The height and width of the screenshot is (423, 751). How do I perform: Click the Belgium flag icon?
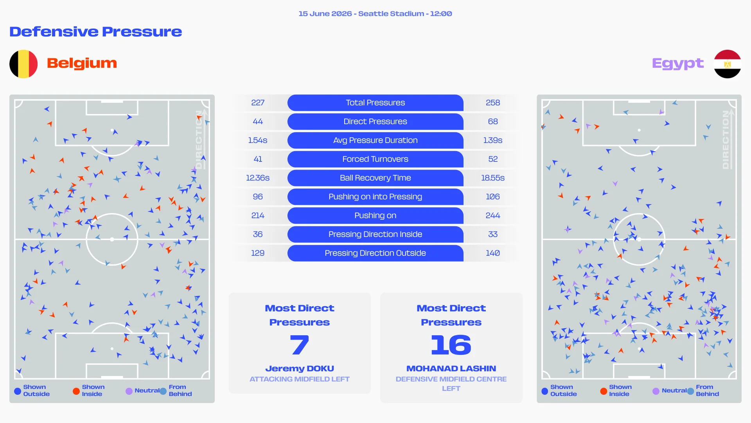tap(23, 64)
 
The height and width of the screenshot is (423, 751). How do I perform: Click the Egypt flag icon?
tap(727, 64)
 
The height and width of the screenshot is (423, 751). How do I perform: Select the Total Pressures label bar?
tap(375, 103)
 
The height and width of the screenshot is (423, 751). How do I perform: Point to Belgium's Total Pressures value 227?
tap(258, 103)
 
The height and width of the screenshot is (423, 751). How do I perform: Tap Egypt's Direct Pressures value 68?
tap(493, 121)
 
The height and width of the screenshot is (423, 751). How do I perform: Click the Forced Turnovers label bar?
tap(375, 159)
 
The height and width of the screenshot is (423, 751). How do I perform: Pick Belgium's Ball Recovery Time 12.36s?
tap(258, 178)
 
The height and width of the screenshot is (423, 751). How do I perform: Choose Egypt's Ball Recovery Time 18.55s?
tap(493, 178)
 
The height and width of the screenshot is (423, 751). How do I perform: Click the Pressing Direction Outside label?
tap(375, 253)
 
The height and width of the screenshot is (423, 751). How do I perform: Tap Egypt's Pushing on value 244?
tap(493, 215)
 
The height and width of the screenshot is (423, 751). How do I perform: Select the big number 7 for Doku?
tap(300, 345)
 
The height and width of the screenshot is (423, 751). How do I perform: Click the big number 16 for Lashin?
tap(451, 345)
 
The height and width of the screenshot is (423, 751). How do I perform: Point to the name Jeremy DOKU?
tap(300, 369)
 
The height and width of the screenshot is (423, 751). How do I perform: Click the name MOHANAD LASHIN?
tap(451, 369)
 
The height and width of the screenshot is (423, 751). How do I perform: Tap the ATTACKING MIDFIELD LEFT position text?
tap(300, 379)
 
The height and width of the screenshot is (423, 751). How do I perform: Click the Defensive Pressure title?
tap(96, 32)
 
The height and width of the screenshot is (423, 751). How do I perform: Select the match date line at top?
tap(375, 14)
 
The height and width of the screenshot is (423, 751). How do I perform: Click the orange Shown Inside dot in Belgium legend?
tap(76, 391)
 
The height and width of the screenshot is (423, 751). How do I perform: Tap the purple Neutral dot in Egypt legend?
tap(656, 391)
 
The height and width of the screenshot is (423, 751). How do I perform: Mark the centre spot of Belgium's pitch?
tap(112, 239)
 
